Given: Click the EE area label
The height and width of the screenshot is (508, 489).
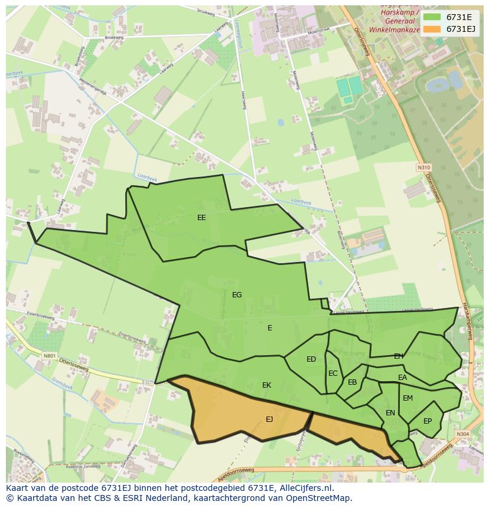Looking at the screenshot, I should coord(201,218).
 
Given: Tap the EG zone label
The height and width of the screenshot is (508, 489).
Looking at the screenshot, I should coord(237,295).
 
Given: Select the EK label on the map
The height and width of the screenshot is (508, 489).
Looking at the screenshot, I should coord(266,385).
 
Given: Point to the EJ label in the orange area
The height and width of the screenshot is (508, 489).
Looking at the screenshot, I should coord(269,419).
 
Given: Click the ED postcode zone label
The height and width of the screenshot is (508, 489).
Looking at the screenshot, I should coord(311,359).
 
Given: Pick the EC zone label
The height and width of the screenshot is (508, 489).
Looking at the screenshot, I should coord(333,373).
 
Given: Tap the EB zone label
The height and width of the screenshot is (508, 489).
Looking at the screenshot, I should coord(353,382).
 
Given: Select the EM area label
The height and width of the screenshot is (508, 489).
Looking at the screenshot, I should coord(407,398).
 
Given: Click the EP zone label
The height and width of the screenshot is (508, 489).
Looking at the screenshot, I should coord(428,421).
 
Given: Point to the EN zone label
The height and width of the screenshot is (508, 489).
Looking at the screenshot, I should coord(390,413).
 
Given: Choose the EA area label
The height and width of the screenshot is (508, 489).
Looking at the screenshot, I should coord(402,378).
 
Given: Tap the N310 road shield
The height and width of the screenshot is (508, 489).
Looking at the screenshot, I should coord(423,168).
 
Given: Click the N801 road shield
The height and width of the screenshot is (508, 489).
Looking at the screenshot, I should coord(49,356).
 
